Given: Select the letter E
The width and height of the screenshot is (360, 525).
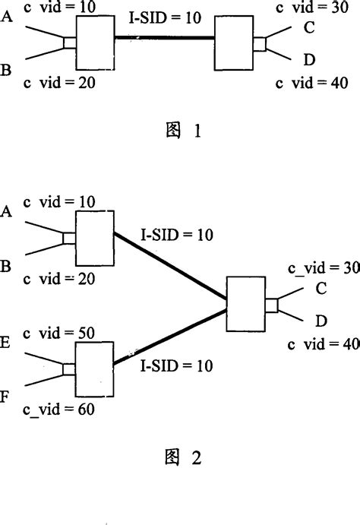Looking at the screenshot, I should pos(7,343).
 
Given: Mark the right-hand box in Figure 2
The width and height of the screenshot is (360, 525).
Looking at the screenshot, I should pos(247,304).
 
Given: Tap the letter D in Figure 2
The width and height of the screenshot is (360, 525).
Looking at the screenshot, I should pos(321,322).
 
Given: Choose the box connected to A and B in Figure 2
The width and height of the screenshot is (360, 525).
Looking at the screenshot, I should pos(94,238).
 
